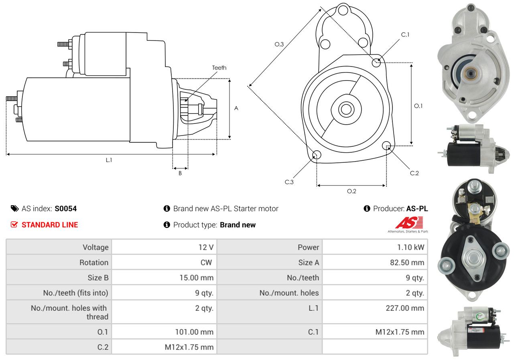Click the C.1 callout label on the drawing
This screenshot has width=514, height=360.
coord(405,34)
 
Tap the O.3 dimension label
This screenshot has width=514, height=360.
coord(279,44)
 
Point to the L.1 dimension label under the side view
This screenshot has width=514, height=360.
coord(109,160)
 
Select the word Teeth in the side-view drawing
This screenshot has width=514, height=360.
coord(219,68)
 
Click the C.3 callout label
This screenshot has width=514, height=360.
coord(289,182)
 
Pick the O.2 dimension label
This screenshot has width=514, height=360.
coord(351,191)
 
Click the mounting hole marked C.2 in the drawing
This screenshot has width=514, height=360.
coord(386,146)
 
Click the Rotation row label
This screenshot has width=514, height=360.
coord(94,262)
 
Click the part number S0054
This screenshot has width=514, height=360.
coord(66,208)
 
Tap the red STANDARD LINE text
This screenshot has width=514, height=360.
coord(50,225)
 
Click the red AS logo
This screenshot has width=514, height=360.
coord(409,222)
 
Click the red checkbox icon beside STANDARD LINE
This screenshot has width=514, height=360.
coord(14,224)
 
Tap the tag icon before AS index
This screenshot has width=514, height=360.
coord(15,208)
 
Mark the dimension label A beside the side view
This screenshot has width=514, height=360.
coord(236,108)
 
